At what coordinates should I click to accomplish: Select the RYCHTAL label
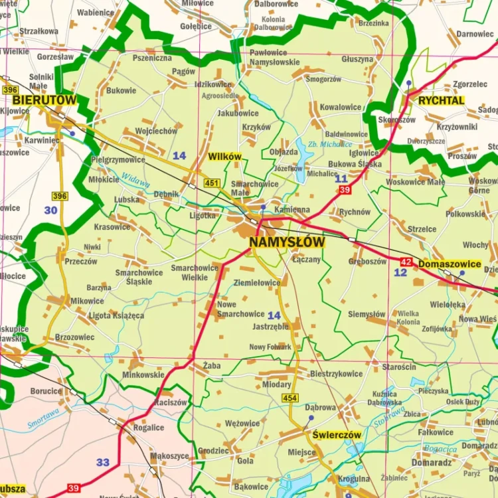[x=441, y=100]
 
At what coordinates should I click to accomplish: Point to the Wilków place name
[x=224, y=157]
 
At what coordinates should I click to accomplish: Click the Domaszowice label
[x=450, y=264]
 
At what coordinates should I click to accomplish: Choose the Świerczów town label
[x=337, y=435]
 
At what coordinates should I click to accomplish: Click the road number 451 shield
[x=212, y=183]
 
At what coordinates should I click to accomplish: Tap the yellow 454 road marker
[x=290, y=398]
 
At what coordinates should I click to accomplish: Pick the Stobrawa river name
[x=388, y=416]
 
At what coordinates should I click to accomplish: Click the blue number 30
[x=50, y=210]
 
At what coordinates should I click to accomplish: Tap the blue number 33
[x=102, y=462]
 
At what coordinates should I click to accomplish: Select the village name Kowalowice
[x=341, y=107]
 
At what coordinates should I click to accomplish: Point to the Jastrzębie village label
[x=270, y=327]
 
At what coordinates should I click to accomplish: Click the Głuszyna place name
[x=357, y=59]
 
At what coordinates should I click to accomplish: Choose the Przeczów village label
[x=81, y=262]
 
